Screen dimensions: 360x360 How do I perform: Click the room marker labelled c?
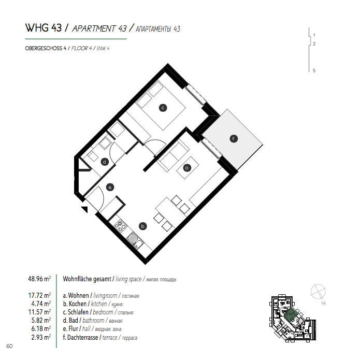(x=163, y=108)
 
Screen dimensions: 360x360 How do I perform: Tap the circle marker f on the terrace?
(x=234, y=139)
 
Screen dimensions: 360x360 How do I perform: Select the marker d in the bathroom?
(x=105, y=162)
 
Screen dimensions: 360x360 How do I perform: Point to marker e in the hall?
(x=110, y=188)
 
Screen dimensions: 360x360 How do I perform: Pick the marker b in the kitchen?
(x=143, y=226)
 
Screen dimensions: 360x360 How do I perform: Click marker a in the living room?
(x=187, y=168)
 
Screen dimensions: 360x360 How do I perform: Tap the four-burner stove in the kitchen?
(x=121, y=226)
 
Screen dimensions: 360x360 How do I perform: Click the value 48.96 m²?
(x=39, y=279)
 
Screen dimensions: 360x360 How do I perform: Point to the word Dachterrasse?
(x=83, y=338)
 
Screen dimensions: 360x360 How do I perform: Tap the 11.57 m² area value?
(x=39, y=312)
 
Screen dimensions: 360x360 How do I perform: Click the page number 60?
(x=9, y=346)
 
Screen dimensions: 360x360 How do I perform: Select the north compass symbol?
(x=319, y=292)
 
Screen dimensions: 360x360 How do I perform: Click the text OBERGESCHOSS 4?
(x=46, y=49)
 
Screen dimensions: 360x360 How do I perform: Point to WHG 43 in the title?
(x=44, y=28)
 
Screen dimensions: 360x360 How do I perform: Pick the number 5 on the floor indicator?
(x=314, y=70)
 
